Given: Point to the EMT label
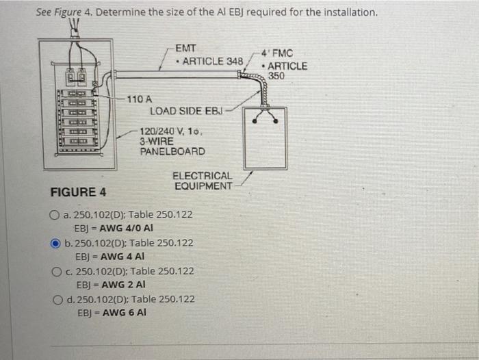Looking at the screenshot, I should tap(185, 49).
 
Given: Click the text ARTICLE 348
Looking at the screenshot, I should tap(213, 61).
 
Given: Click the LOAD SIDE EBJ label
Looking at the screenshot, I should tap(191, 110).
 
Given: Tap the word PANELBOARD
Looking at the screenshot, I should tap(172, 151).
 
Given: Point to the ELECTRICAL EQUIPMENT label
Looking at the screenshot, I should tap(203, 181).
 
